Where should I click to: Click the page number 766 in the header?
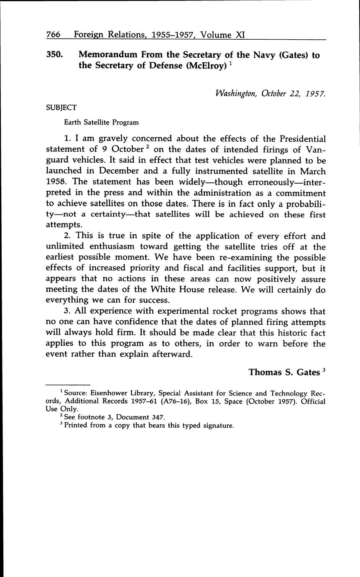pyautogui.click(x=53, y=35)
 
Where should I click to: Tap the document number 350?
pyautogui.click(x=54, y=55)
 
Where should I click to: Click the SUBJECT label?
pyautogui.click(x=61, y=107)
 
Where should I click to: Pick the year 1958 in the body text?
pyautogui.click(x=56, y=182)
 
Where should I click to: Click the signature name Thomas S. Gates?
pyautogui.click(x=284, y=372)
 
